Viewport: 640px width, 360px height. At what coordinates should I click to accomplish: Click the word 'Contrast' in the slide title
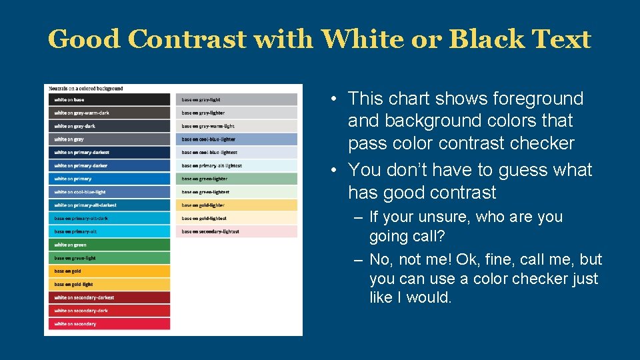pyautogui.click(x=187, y=39)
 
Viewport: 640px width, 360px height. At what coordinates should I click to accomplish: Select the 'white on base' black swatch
pyautogui.click(x=109, y=100)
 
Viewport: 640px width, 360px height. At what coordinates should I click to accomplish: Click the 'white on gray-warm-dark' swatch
pyautogui.click(x=109, y=113)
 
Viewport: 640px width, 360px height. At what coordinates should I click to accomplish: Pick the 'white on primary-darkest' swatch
pyautogui.click(x=109, y=153)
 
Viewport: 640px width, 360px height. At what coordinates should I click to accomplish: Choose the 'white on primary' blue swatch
pyautogui.click(x=109, y=179)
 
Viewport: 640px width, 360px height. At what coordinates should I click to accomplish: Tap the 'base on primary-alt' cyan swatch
pyautogui.click(x=109, y=231)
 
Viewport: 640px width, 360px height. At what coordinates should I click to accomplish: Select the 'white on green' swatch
pyautogui.click(x=109, y=245)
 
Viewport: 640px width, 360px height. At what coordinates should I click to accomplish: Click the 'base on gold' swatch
pyautogui.click(x=109, y=271)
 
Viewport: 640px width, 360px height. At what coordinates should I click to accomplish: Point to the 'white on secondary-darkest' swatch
pyautogui.click(x=109, y=297)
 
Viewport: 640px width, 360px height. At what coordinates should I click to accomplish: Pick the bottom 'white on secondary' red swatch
pyautogui.click(x=109, y=324)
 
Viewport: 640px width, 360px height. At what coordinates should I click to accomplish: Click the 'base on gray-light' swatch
pyautogui.click(x=239, y=100)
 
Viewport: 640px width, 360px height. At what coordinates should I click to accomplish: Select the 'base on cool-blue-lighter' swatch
pyautogui.click(x=239, y=139)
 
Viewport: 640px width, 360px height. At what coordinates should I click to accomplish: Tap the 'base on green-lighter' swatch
pyautogui.click(x=239, y=179)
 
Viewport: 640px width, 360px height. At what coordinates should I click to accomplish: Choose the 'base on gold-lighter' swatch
pyautogui.click(x=239, y=205)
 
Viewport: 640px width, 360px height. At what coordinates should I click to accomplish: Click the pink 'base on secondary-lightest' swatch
pyautogui.click(x=239, y=231)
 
